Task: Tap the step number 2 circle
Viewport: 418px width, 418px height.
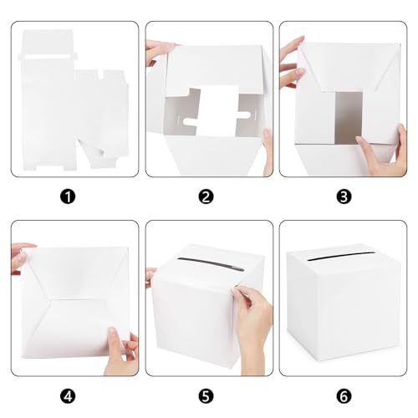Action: click(x=207, y=197)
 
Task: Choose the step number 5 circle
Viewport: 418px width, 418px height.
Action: click(x=207, y=396)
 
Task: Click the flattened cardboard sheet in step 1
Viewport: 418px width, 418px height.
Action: click(x=71, y=100)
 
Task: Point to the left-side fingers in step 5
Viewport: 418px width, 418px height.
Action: click(x=150, y=276)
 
